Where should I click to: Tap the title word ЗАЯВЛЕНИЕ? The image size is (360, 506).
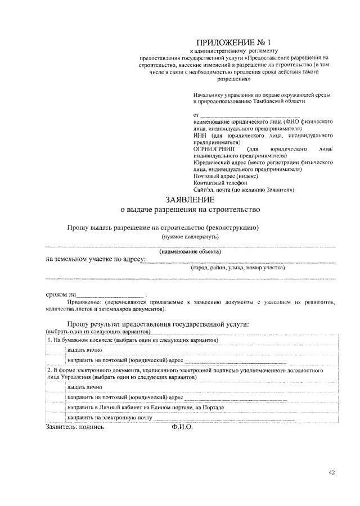190,200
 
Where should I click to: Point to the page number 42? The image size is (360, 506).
331,472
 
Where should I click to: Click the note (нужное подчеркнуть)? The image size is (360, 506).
190,237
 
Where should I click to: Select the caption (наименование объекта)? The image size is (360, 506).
190,251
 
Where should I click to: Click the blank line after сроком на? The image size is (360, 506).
110,295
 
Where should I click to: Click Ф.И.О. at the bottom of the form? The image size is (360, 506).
182,427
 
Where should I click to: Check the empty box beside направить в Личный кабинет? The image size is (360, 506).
56,407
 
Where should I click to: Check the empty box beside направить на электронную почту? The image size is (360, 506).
56,418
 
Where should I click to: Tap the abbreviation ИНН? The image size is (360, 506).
200,135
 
